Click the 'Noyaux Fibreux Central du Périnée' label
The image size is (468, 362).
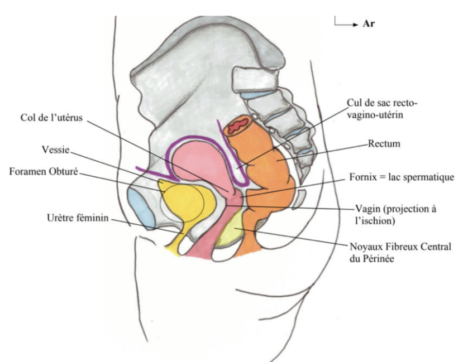tap(401, 253)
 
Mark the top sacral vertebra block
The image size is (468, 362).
tap(254, 79)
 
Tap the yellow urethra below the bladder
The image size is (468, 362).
tap(179, 243)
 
